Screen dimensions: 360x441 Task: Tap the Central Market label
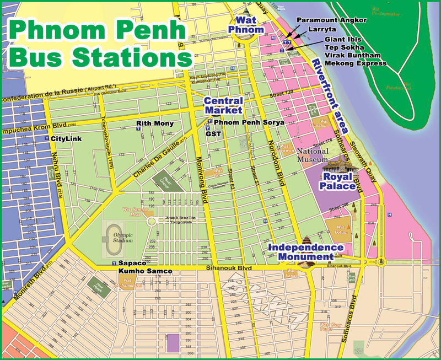[x=223, y=105]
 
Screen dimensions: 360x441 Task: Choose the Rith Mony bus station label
[x=155, y=123]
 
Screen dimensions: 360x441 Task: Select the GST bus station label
[x=213, y=133]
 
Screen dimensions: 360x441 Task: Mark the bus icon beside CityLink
[x=46, y=138]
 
